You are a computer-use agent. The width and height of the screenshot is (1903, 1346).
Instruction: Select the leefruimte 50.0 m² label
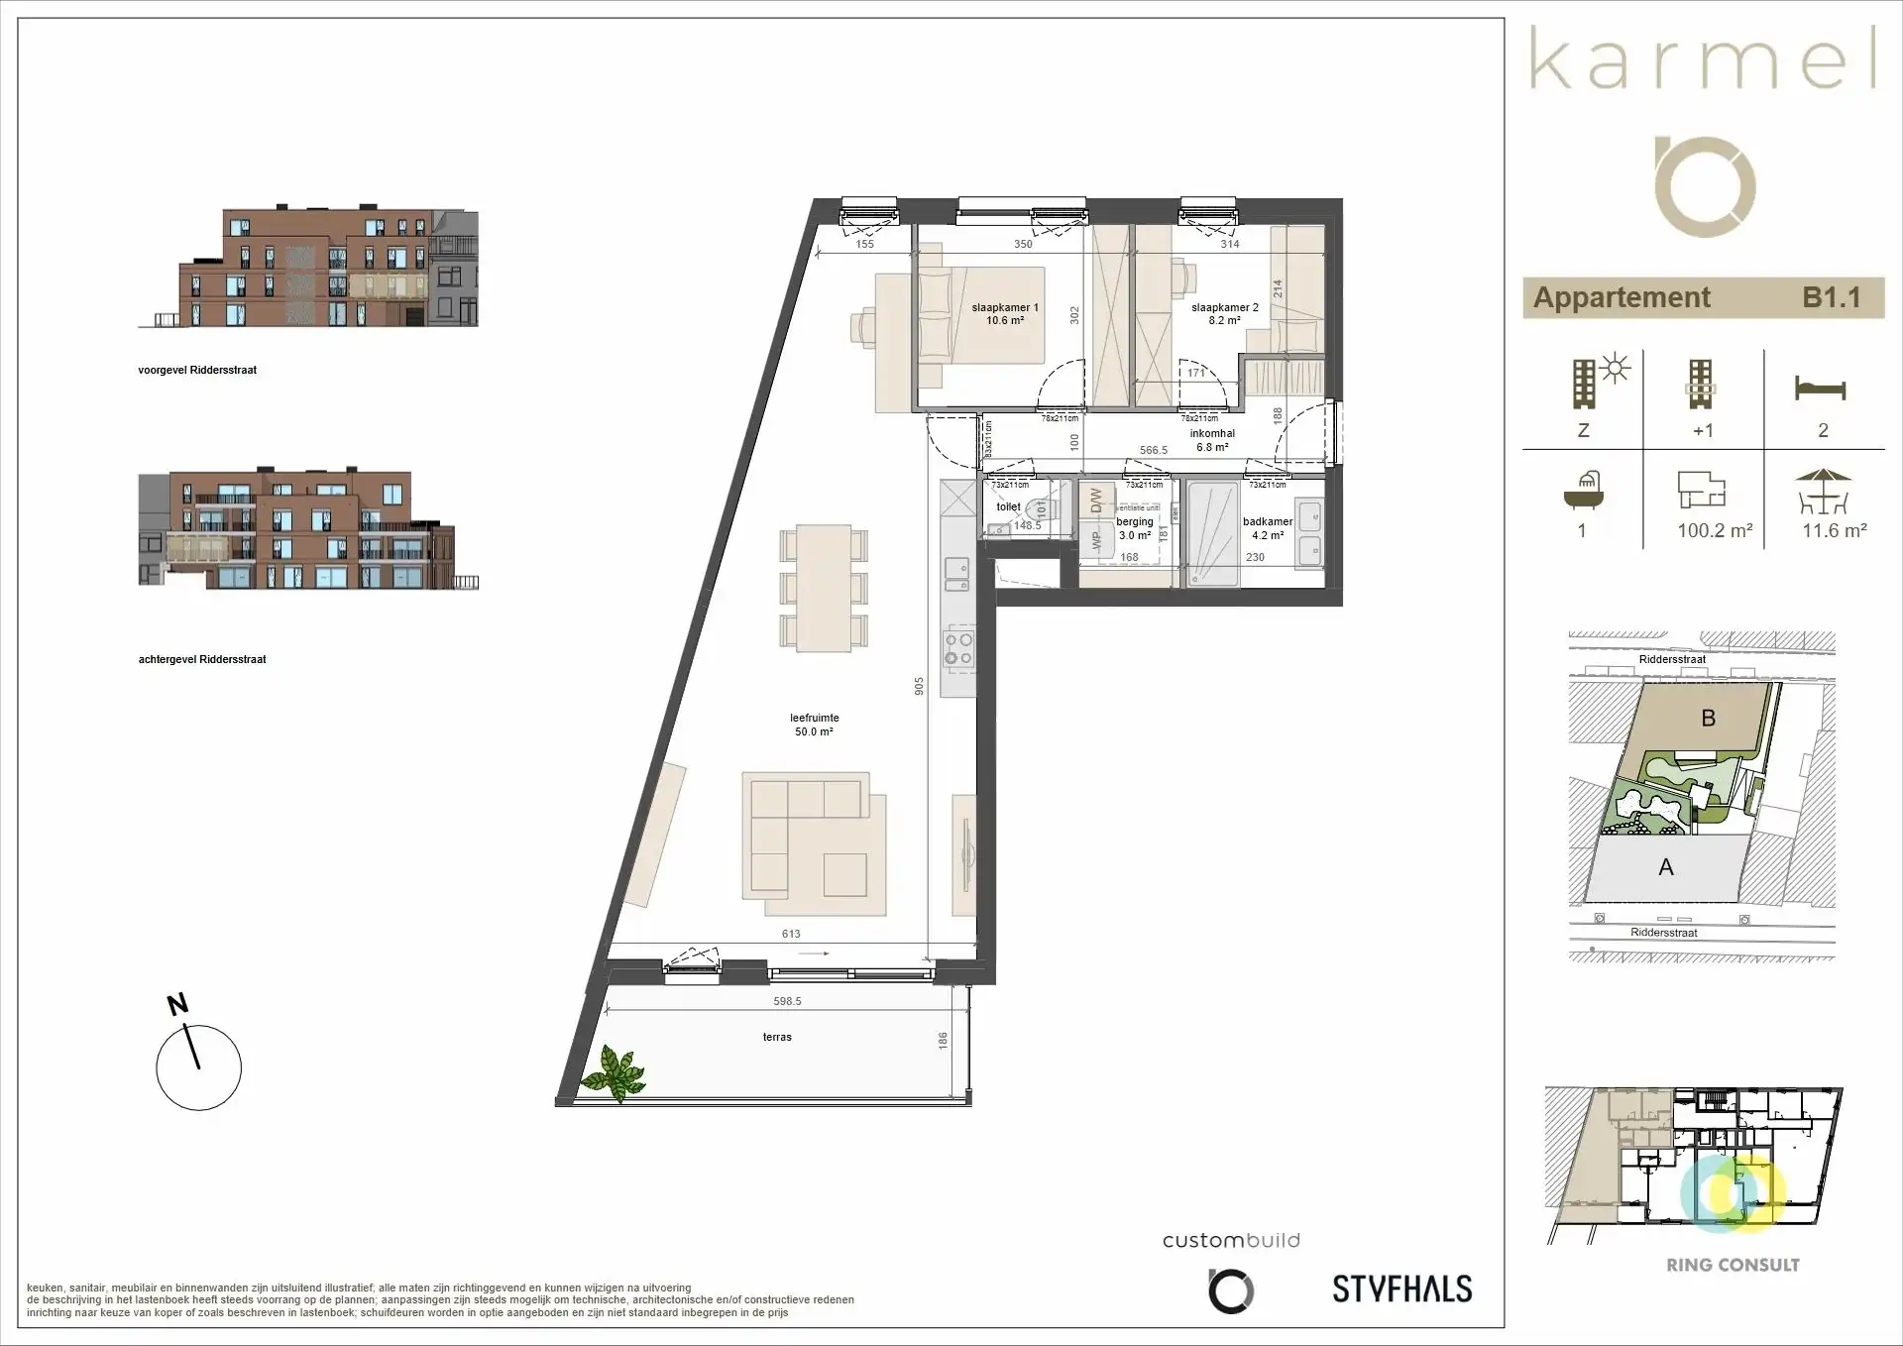[x=814, y=725]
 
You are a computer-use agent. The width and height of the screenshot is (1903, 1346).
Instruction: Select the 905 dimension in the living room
[x=919, y=686]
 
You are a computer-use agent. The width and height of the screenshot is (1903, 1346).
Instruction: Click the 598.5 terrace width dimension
[x=787, y=1001]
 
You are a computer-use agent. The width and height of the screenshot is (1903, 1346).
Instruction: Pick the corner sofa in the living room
[x=805, y=837]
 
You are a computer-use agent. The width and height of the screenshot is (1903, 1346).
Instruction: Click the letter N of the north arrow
[x=177, y=1004]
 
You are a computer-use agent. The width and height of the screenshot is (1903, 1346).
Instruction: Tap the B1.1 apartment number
[x=1831, y=297]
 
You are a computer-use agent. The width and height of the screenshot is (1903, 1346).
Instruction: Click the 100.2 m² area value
[x=1715, y=530]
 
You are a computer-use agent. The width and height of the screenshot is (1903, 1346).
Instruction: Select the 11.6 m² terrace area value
[x=1834, y=530]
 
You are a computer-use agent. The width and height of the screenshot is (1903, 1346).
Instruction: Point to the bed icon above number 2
[x=1820, y=388]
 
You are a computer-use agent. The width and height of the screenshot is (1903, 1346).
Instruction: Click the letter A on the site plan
[x=1665, y=867]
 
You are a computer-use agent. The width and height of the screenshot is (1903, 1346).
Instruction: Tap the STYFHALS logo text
[x=1401, y=1289]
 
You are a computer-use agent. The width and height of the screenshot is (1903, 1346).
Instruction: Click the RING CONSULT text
[x=1733, y=1265]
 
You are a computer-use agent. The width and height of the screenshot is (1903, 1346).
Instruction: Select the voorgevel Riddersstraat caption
[x=197, y=370]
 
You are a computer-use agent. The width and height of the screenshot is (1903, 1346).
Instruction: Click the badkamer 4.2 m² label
[x=1268, y=528]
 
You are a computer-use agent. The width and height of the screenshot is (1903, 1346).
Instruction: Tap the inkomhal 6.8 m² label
[x=1212, y=440]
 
